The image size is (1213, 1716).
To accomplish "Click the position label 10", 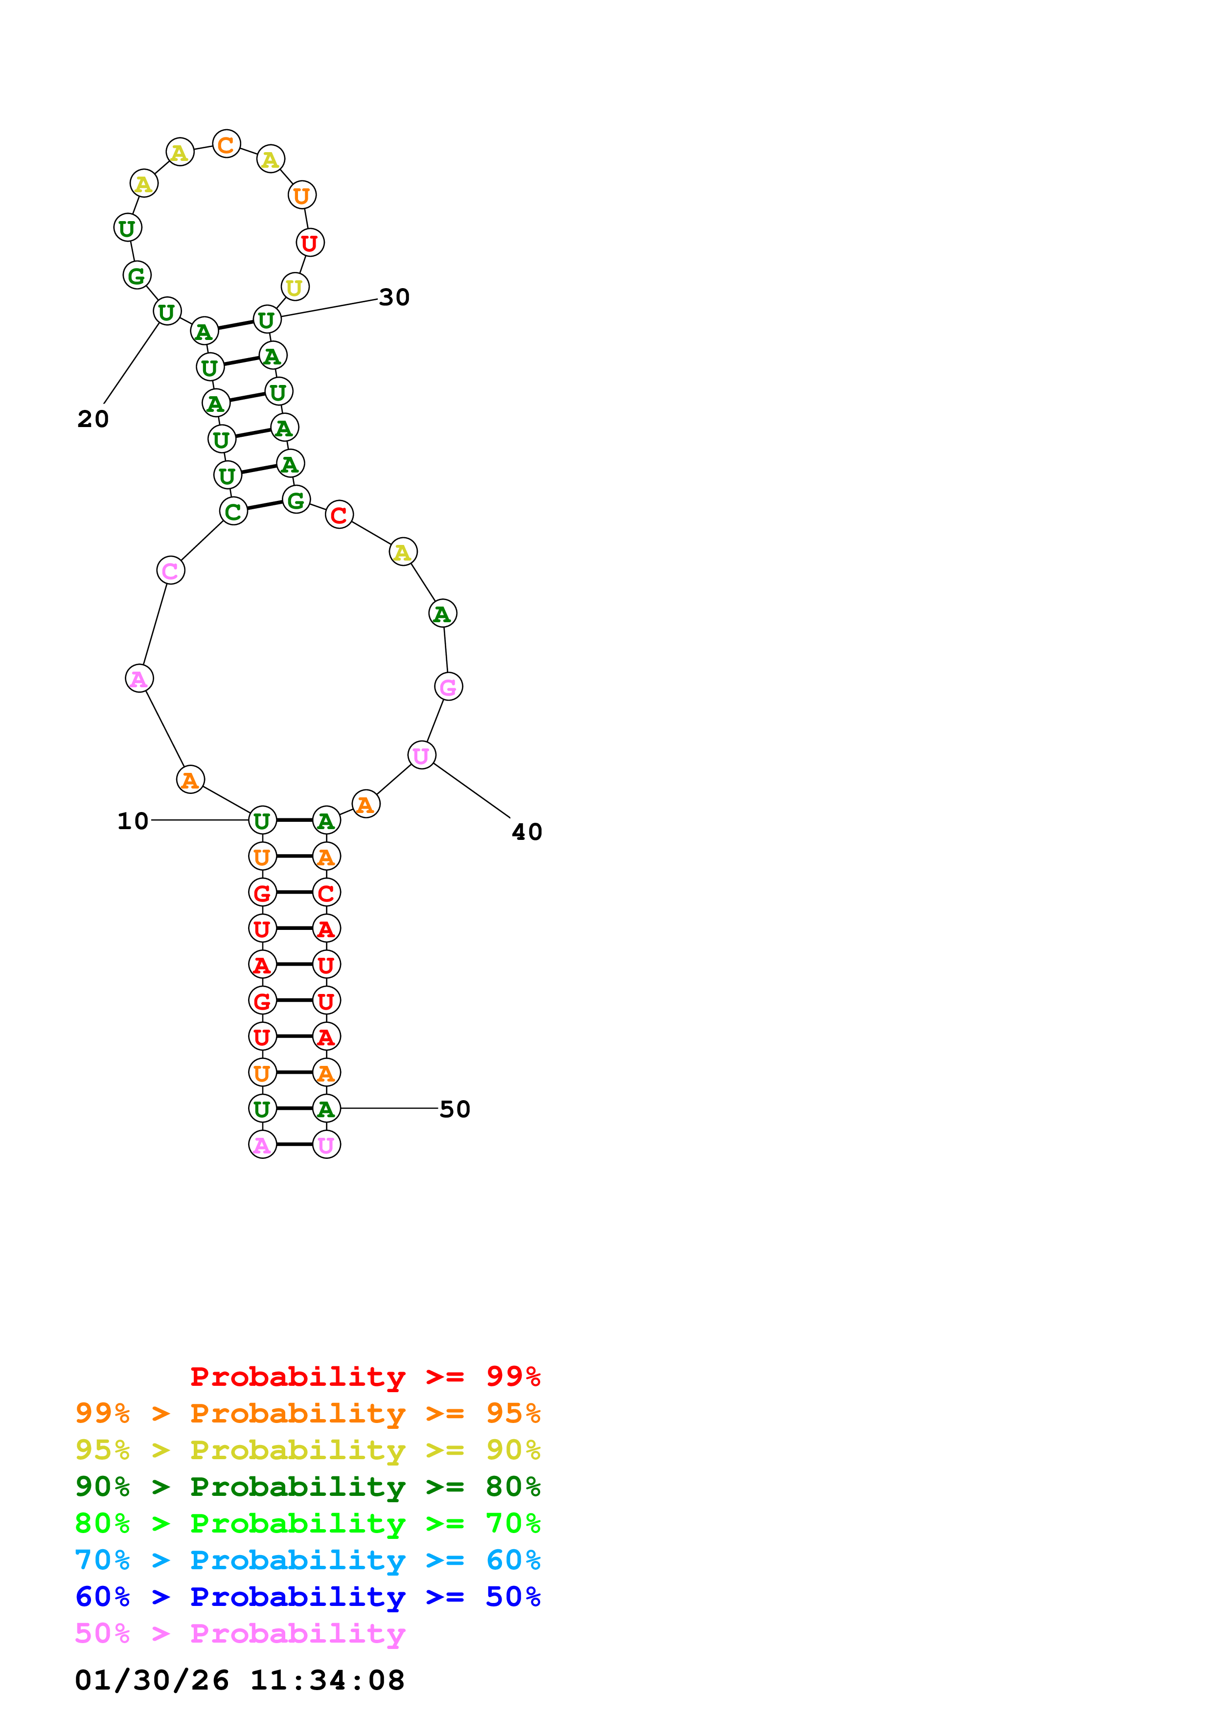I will click(133, 821).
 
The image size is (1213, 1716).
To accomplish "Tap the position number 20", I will click(93, 419).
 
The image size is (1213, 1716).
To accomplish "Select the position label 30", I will click(394, 297).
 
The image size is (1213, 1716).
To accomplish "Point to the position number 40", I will click(527, 832).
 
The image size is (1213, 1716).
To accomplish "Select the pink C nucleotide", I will click(170, 570).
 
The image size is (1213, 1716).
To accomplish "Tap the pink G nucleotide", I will click(448, 686).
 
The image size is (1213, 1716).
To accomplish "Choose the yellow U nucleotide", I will click(295, 287).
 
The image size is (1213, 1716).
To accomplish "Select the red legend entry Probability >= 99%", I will click(365, 1377).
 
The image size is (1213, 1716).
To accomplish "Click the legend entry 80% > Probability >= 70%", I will click(308, 1523).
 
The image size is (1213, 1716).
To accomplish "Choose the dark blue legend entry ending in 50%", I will click(308, 1597).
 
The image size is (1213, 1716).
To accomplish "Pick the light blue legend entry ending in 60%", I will click(308, 1560).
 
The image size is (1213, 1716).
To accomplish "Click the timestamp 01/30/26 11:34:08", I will click(240, 1680).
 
